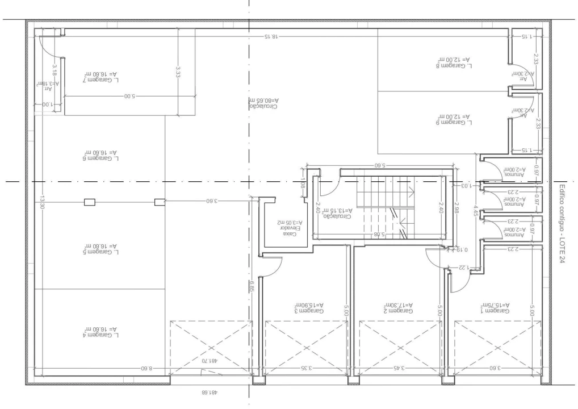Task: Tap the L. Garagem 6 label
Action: click(100, 156)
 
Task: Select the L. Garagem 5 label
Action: click(100, 249)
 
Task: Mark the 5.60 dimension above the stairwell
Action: click(380, 166)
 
